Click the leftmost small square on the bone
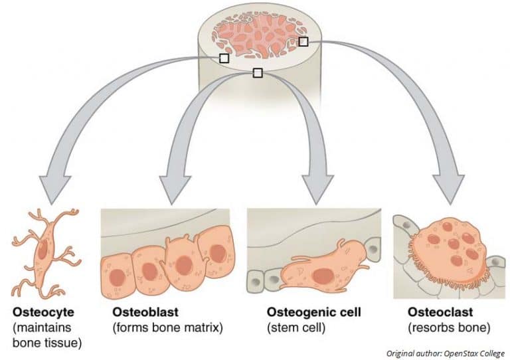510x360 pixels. click(224, 58)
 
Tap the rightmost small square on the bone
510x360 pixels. click(303, 42)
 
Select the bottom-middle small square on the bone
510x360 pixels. click(258, 73)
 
